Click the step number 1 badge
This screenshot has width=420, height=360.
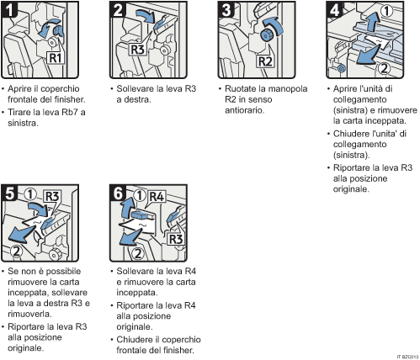pyautogui.click(x=11, y=12)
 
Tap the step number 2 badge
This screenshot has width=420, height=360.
pyautogui.click(x=120, y=12)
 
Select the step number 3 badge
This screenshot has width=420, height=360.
pyautogui.click(x=225, y=12)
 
